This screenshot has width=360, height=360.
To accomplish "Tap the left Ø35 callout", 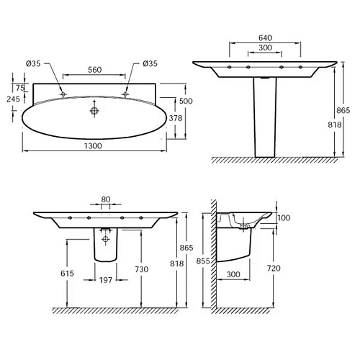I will (34, 63).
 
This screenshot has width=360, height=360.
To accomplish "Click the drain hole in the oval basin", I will (93, 111).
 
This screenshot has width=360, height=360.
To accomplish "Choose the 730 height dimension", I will (141, 269).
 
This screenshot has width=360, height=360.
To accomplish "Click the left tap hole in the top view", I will (63, 94).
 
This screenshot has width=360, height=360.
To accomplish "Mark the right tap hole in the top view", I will (125, 94).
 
